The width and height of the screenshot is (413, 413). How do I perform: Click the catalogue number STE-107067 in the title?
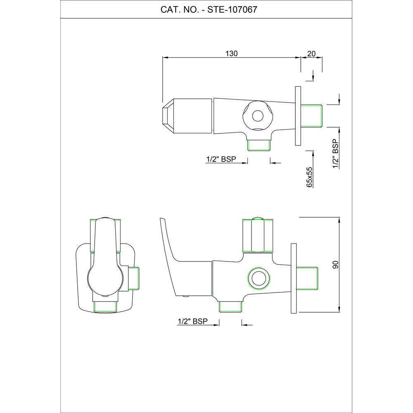[232, 9]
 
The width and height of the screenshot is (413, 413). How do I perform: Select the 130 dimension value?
[232, 53]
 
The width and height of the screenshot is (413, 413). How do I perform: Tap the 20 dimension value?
[311, 53]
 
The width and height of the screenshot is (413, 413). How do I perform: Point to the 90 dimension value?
[335, 265]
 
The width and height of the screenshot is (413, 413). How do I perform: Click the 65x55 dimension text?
[309, 177]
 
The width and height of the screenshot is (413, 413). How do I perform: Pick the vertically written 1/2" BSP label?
[335, 154]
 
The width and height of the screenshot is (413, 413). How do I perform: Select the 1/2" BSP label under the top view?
[221, 159]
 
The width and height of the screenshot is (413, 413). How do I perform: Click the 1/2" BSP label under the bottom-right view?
[192, 321]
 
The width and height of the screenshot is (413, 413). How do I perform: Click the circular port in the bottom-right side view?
[259, 278]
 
